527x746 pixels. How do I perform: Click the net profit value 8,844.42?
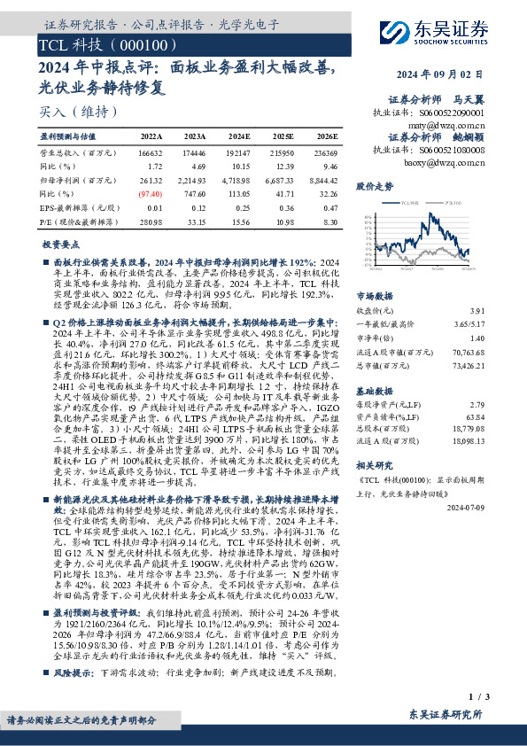coord(322,179)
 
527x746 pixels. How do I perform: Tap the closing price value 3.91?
coord(503,311)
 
